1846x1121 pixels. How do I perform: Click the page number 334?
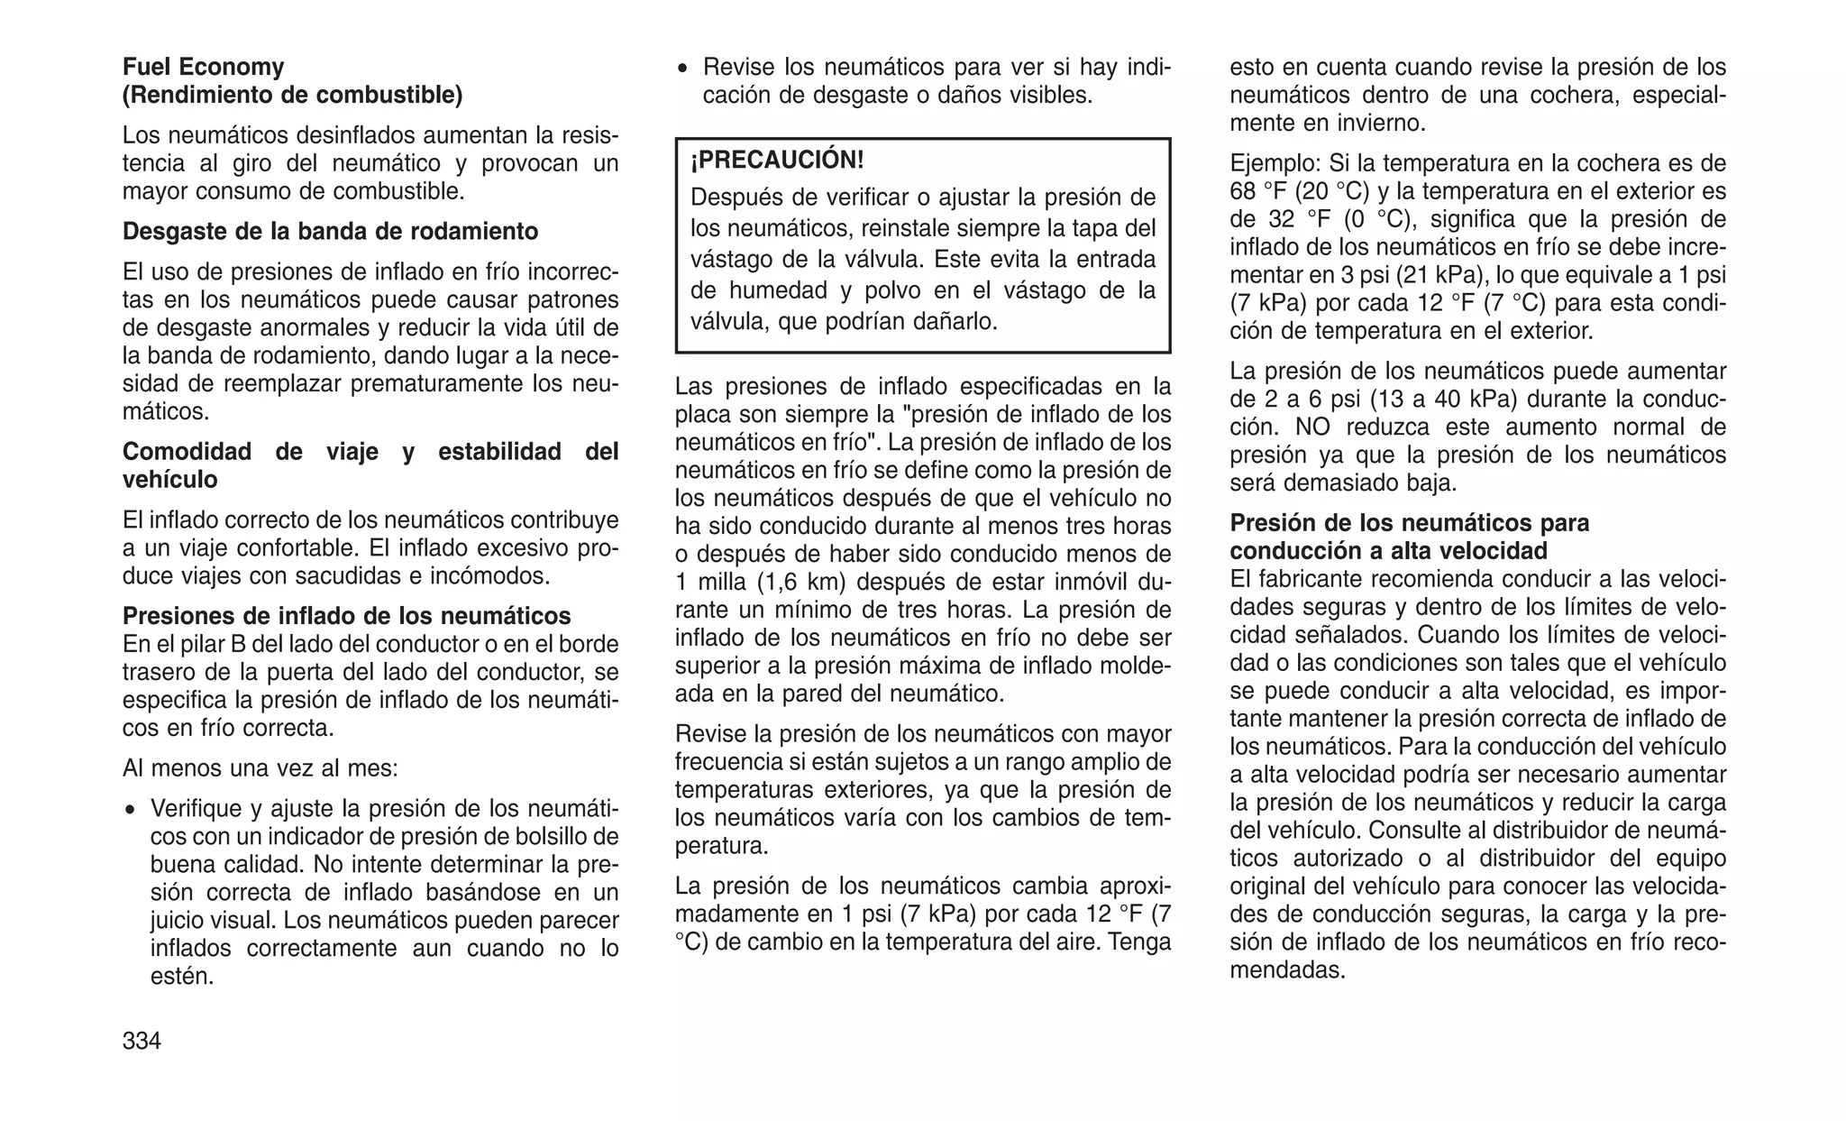pyautogui.click(x=142, y=1041)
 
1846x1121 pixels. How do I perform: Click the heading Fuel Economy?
pyautogui.click(x=203, y=67)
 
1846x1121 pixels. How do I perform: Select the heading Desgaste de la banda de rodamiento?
pyautogui.click(x=330, y=231)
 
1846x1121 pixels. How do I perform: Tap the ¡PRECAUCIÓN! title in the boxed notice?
pyautogui.click(x=777, y=161)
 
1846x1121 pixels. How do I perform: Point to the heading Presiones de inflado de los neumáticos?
pyautogui.click(x=346, y=616)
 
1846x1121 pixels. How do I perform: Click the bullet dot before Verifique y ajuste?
pyautogui.click(x=132, y=809)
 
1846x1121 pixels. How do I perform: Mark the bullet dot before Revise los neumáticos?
pyautogui.click(x=684, y=68)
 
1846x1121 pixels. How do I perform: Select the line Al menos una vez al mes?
pyautogui.click(x=260, y=768)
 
